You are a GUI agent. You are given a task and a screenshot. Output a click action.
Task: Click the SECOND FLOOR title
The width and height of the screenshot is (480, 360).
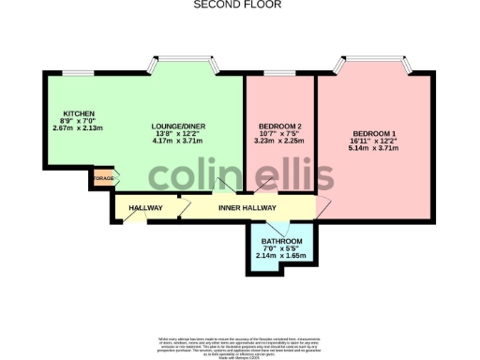coord(240,5)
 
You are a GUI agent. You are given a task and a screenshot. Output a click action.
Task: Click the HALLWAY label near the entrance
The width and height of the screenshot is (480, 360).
coord(145,208)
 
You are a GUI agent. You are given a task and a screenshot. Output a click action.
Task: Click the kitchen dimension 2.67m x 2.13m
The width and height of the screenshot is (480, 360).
coord(79,127)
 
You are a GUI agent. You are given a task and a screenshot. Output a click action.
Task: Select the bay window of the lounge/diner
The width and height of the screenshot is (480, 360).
coord(186,67)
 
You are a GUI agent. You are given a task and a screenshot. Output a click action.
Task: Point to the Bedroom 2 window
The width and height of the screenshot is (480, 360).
coord(279,73)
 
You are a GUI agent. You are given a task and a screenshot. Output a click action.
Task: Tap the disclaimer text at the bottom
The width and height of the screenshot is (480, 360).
coord(240,342)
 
